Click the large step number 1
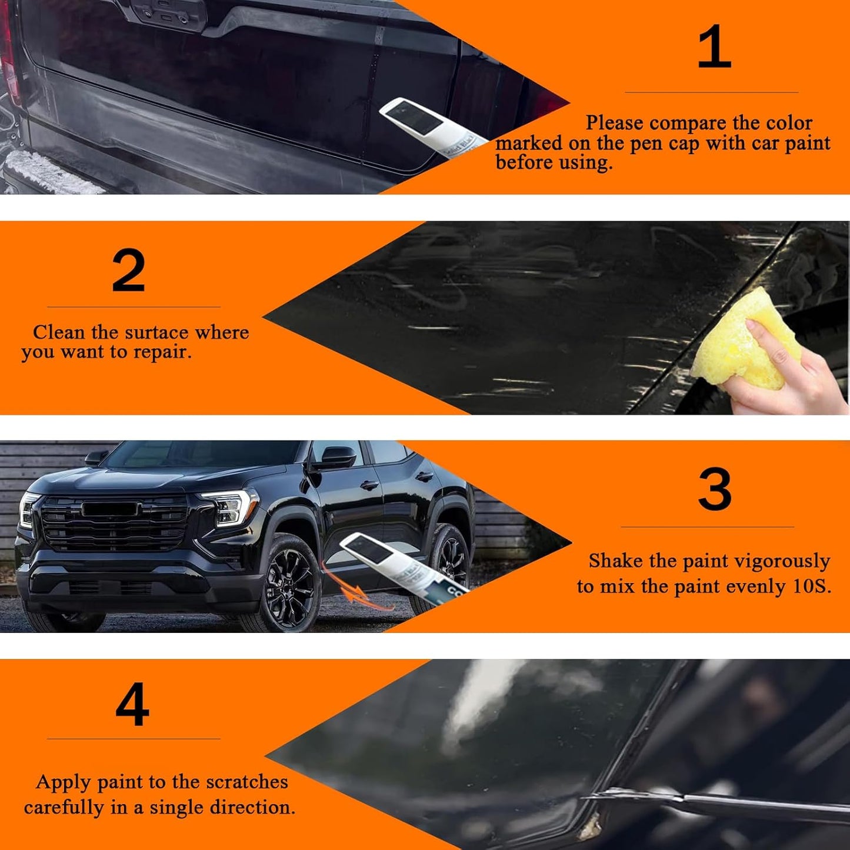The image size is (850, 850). [x=714, y=47]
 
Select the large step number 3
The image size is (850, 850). [x=715, y=489]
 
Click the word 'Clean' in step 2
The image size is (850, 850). [x=58, y=332]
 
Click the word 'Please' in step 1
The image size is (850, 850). [x=614, y=123]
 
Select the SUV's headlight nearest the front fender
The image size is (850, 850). [x=229, y=507]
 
